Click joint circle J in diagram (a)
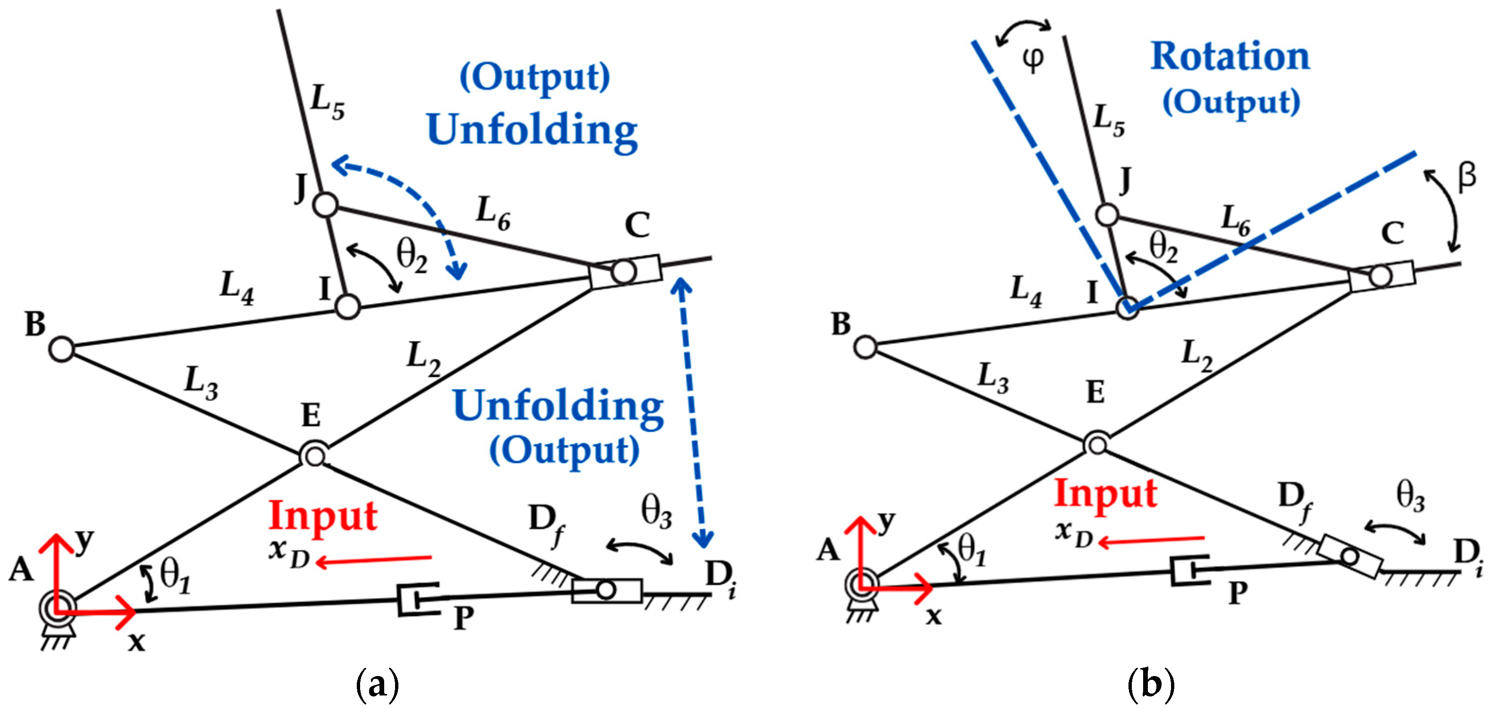tap(326, 205)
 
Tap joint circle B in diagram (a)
tap(62, 349)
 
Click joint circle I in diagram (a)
tap(348, 307)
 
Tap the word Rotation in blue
tap(1230, 57)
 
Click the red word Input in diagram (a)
tap(323, 515)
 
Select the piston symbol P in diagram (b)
tap(1189, 571)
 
